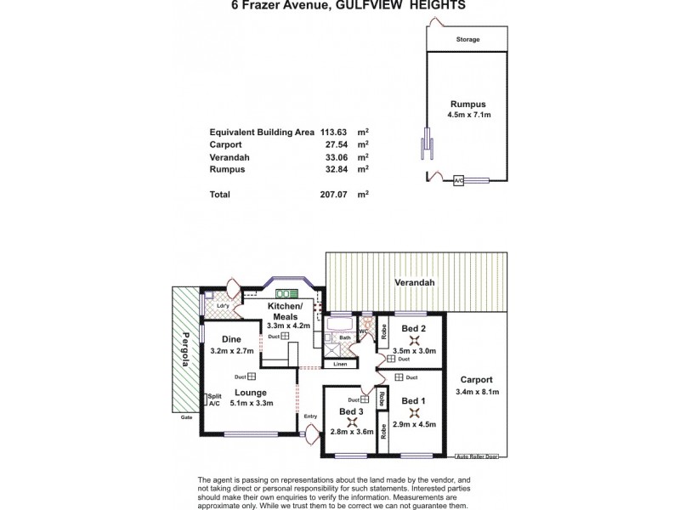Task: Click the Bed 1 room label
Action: coord(413,401)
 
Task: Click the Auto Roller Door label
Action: coord(475,456)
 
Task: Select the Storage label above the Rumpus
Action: coord(467,40)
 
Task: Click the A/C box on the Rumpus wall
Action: coord(458,180)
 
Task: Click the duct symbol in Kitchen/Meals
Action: coord(285,336)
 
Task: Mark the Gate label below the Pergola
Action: coord(185,417)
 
